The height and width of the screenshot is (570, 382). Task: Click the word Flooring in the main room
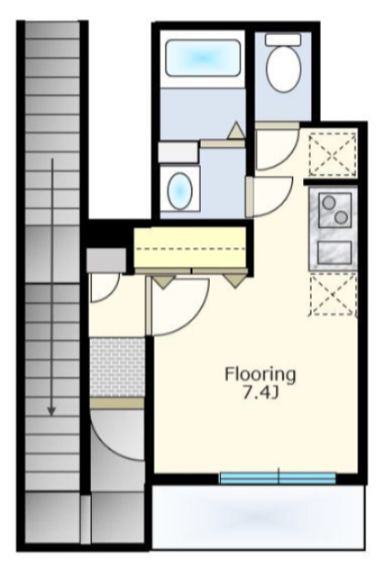(260, 375)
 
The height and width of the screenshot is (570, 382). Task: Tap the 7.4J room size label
(260, 392)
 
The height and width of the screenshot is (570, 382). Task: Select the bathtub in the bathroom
(202, 58)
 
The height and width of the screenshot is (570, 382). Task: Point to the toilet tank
(283, 39)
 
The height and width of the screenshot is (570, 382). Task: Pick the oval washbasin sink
(180, 191)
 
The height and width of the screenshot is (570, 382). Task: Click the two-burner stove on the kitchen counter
(334, 210)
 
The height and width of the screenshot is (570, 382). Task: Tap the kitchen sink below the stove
(334, 252)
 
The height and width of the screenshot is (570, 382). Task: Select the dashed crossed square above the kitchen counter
(333, 155)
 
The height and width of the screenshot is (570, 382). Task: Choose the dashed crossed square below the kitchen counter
(333, 294)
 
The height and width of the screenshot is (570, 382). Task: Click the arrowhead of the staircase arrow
(52, 411)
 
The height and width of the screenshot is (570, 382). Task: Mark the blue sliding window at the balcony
(278, 477)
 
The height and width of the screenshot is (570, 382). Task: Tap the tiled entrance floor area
(117, 367)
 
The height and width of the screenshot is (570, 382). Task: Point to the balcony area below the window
(258, 516)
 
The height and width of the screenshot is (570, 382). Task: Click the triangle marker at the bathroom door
(236, 130)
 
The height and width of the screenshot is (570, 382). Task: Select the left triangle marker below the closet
(163, 281)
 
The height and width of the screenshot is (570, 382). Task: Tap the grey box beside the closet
(106, 260)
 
